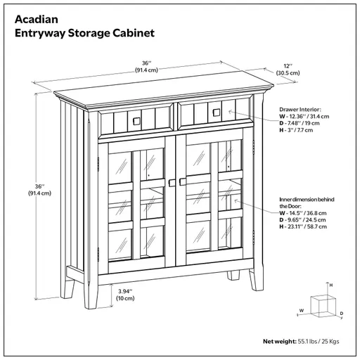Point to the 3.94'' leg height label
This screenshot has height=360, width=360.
coord(126,290)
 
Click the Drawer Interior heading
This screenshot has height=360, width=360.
coord(300,110)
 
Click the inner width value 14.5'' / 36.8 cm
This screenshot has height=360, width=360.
coord(305,213)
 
